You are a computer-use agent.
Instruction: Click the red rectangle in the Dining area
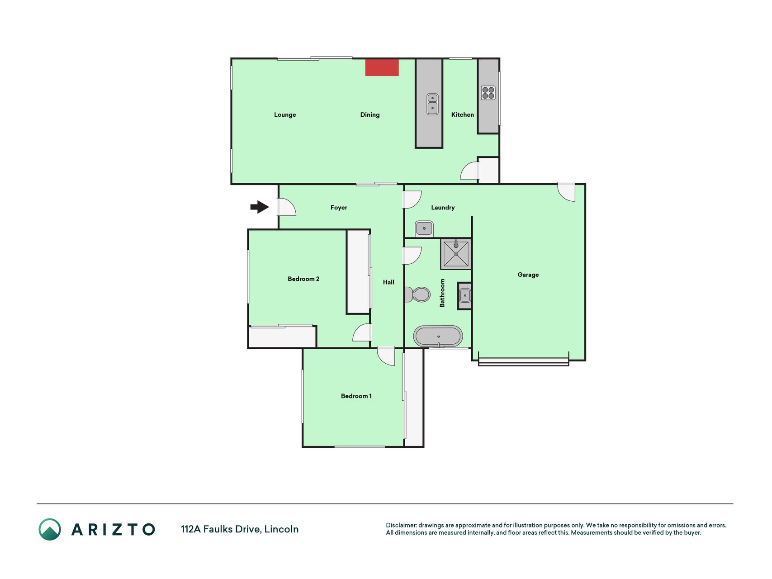pos(382,67)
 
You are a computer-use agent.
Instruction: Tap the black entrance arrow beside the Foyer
pos(260,207)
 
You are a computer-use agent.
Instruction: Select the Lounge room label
pos(285,115)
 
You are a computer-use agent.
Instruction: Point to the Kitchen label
pos(463,115)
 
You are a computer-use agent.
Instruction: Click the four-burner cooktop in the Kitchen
pos(488,93)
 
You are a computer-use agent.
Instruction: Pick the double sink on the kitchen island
pos(432,104)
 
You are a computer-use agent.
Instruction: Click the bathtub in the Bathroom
pos(438,337)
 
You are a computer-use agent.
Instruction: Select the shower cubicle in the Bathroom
pos(456,254)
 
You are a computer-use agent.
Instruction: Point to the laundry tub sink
pos(424,228)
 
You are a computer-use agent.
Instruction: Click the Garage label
pos(528,275)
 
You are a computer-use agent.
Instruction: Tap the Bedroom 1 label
pos(356,396)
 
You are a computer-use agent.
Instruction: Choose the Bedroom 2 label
pos(303,279)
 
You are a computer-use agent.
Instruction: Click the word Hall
pos(388,282)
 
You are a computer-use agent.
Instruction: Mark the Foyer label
pos(339,208)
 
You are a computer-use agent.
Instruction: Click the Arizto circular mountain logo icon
pos(50,529)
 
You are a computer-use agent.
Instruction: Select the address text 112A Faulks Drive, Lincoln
pos(240,529)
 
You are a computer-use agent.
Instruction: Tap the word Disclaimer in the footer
pos(401,525)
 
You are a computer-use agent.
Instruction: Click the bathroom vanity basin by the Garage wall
pos(464,296)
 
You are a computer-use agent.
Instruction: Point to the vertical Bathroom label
pos(442,293)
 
